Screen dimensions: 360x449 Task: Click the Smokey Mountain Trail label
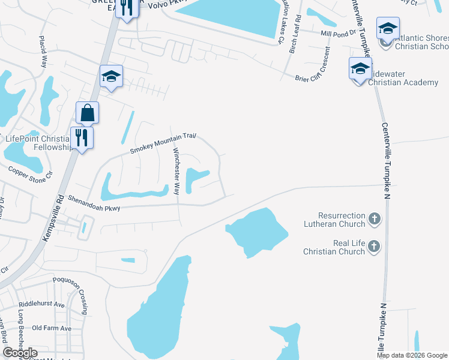click(x=164, y=143)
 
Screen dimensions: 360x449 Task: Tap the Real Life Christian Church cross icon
click(x=374, y=246)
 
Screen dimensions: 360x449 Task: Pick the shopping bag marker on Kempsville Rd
click(x=87, y=113)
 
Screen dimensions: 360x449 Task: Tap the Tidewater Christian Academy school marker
click(x=360, y=69)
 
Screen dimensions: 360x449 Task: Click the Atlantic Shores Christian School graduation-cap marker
click(x=388, y=29)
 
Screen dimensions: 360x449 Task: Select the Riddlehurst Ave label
click(x=41, y=304)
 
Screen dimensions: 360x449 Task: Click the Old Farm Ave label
click(x=52, y=328)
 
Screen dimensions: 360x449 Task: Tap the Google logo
click(x=20, y=353)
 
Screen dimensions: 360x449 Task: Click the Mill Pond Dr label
click(x=339, y=34)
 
